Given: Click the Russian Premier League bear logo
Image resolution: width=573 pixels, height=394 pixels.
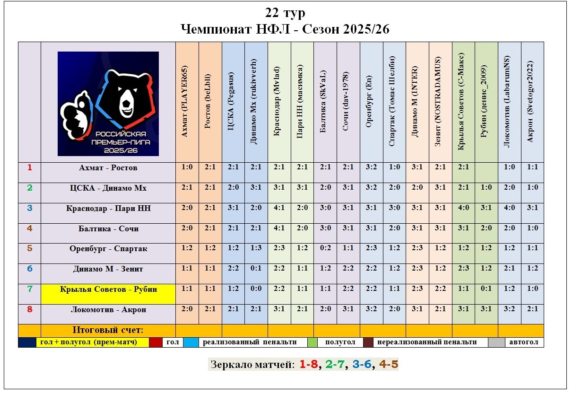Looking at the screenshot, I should [108, 104].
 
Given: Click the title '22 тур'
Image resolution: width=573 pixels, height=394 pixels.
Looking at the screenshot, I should [286, 13].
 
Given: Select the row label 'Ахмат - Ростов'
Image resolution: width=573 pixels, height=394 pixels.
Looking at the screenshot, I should [108, 168].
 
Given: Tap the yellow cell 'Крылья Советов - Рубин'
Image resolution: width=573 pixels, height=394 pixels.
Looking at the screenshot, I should [108, 289].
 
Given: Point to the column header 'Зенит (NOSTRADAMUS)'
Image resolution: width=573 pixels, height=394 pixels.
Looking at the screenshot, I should [441, 102].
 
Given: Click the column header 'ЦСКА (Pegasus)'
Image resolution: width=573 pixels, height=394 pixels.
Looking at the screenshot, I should [233, 102].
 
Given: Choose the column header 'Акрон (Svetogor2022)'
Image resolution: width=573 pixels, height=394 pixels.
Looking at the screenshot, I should [533, 102].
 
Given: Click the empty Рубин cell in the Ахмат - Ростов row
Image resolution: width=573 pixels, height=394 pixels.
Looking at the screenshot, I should [486, 167].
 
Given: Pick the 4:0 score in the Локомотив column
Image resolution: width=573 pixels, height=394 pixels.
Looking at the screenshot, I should [510, 208].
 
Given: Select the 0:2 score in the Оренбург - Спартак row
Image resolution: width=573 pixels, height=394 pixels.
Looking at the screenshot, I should [325, 249].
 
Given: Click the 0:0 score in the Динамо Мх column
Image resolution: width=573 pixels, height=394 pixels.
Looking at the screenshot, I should [256, 289].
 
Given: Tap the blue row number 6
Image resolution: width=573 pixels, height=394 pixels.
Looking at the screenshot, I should [29, 269].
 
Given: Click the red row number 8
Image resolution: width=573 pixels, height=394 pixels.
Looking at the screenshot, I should [29, 310].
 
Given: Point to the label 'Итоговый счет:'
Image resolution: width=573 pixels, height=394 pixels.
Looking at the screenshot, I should [108, 330].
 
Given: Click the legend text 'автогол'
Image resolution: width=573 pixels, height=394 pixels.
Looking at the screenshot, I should [523, 342].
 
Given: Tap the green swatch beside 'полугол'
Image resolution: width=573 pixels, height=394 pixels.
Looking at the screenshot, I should [312, 342].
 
